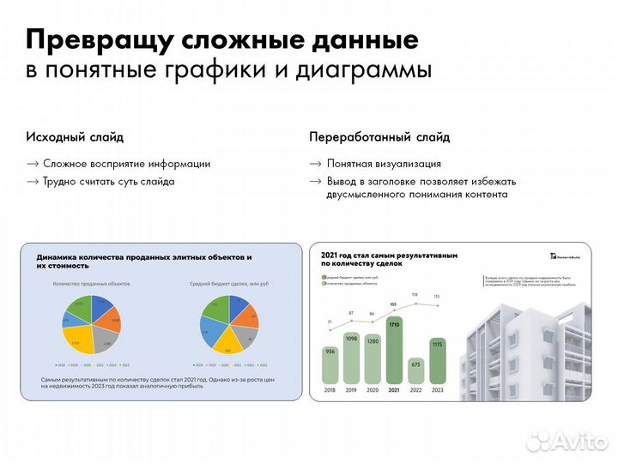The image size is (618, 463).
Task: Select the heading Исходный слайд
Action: tap(75, 137)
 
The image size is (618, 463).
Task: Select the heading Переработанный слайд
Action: tap(379, 137)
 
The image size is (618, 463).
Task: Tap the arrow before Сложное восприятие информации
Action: tap(32, 164)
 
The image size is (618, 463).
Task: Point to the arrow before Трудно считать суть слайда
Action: tap(32, 182)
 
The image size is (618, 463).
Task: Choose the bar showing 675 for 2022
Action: tap(416, 370)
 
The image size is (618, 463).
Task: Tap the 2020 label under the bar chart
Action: tap(373, 389)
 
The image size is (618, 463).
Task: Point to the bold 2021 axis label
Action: tap(395, 389)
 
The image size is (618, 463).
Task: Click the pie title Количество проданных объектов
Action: tap(91, 284)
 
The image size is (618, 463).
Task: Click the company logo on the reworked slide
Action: tap(567, 256)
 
